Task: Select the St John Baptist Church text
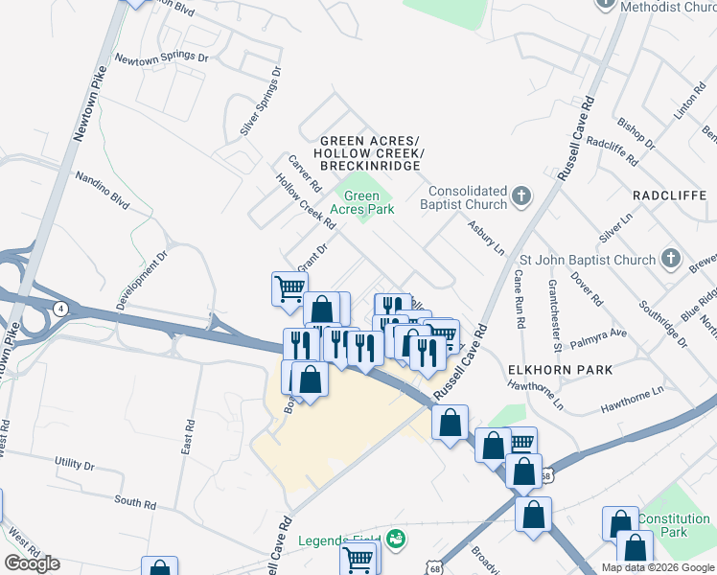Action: (587, 259)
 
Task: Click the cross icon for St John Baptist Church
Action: (670, 259)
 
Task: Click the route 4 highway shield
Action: (60, 309)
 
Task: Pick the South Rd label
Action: (134, 503)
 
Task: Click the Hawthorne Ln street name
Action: (633, 401)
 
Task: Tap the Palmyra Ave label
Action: (599, 334)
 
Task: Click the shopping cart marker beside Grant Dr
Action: (289, 287)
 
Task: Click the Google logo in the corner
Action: (32, 563)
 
